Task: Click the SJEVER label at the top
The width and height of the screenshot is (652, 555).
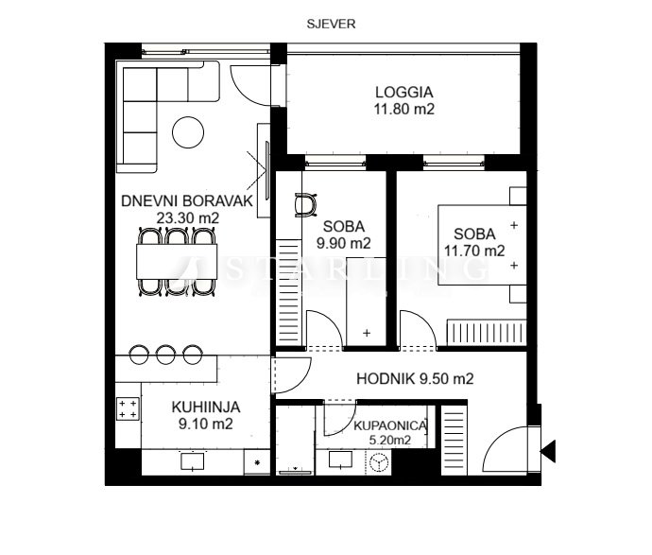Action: (331, 25)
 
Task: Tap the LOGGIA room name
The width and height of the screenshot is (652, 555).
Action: (403, 92)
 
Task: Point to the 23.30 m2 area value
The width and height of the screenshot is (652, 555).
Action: (187, 218)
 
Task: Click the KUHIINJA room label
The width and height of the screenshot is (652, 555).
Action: (205, 407)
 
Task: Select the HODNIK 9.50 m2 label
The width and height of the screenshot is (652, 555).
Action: (415, 378)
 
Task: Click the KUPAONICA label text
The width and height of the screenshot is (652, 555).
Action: (390, 426)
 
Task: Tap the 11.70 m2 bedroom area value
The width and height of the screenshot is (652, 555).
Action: (474, 251)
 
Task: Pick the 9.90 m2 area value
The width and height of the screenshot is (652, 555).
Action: (343, 243)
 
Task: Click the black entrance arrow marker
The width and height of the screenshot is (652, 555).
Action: (548, 451)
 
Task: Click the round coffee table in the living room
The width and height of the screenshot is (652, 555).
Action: (188, 132)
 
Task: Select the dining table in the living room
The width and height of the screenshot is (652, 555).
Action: (177, 262)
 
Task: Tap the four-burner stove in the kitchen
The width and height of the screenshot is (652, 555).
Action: (128, 408)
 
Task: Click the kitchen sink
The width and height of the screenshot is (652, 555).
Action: (193, 461)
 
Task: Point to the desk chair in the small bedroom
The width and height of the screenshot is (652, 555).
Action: (305, 204)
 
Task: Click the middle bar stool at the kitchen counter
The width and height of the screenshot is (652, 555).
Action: (165, 355)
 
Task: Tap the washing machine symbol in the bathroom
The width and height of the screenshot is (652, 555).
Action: (378, 462)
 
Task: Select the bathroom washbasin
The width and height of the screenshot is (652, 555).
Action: (341, 460)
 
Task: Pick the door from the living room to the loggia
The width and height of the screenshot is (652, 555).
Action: (250, 85)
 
